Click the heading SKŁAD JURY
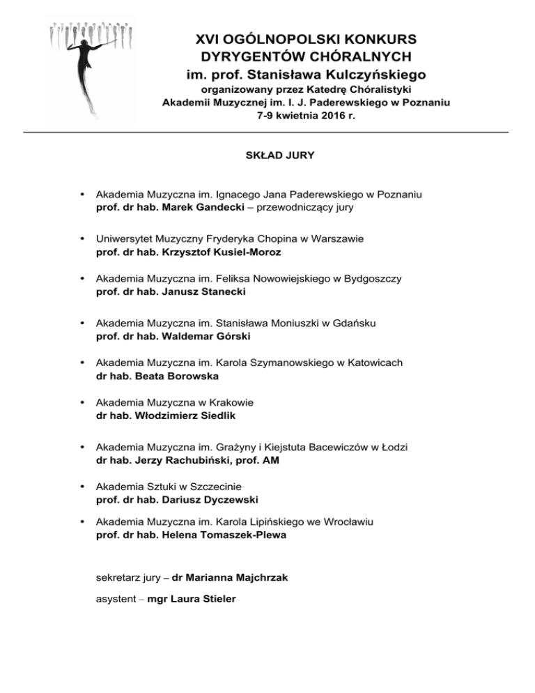point(270,156)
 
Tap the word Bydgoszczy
point(375,278)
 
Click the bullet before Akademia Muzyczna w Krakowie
point(83,402)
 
